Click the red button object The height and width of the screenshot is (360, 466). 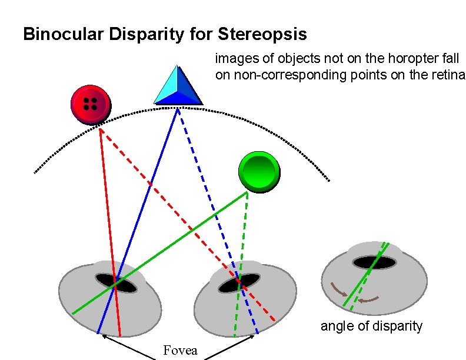click(90, 105)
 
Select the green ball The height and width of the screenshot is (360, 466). click(259, 172)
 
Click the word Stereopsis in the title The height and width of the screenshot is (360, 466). click(262, 34)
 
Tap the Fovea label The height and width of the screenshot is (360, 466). click(180, 351)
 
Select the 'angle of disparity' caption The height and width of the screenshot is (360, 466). click(371, 326)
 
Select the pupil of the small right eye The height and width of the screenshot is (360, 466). click(374, 262)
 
